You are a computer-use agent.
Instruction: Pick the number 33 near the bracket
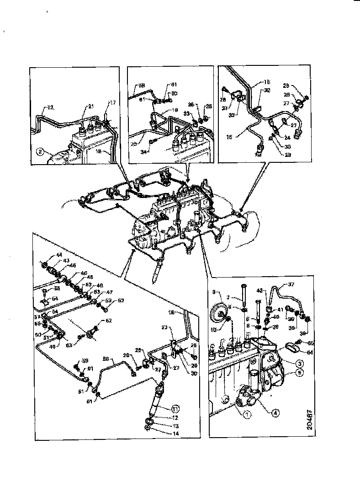[x=187, y=114]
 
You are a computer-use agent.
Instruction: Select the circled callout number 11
[x=175, y=408]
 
